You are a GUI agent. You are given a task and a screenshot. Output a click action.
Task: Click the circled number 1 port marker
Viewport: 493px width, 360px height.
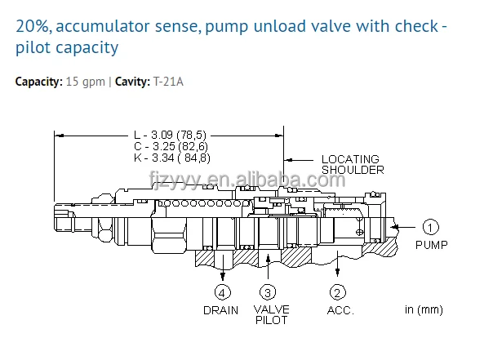[x=430, y=227]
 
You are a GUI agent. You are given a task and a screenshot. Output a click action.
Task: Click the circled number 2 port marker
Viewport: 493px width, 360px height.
[x=337, y=292]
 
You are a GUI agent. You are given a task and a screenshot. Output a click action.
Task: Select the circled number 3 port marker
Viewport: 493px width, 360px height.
[x=268, y=293]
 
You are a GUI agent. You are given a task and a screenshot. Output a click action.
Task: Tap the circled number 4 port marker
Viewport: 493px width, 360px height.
[x=222, y=293]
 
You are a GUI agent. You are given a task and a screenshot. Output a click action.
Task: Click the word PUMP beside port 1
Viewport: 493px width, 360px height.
[x=431, y=245]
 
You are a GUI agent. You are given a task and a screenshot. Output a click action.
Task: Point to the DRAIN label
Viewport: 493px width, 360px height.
[x=220, y=310]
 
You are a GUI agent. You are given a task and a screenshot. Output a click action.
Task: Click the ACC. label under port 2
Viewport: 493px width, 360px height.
[x=340, y=311]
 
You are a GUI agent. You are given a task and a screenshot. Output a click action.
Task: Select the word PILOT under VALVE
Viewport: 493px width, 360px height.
[x=271, y=320]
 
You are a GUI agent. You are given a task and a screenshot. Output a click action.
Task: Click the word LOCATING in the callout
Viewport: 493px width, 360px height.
[x=350, y=159]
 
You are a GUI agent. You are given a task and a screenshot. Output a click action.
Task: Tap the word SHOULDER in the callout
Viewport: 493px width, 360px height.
[x=353, y=170]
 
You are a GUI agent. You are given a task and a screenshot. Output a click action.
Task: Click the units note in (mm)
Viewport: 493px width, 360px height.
[x=424, y=309]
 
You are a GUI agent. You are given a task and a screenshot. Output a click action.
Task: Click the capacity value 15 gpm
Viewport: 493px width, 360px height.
[x=85, y=82]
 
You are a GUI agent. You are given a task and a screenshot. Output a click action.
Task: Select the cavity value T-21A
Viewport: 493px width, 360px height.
[x=168, y=82]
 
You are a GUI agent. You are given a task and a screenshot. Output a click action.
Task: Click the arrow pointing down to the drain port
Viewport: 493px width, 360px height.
[x=223, y=268]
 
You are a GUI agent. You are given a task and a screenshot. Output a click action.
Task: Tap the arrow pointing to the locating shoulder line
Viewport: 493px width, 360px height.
[x=299, y=160]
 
